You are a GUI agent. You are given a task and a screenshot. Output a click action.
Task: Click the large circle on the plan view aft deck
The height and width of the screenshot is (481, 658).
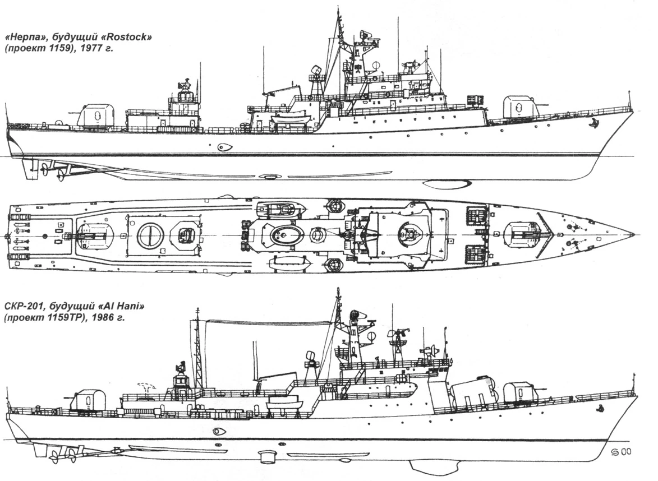click(x=150, y=235)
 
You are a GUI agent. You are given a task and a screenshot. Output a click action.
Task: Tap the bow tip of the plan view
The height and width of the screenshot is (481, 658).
click(x=633, y=233)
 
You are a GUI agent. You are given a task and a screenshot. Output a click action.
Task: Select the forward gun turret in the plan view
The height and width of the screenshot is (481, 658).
click(x=523, y=233)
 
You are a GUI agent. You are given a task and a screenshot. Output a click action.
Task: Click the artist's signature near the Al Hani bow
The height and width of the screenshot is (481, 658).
click(x=621, y=452)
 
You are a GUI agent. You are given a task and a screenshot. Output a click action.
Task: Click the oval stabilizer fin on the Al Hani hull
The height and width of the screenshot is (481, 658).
click(x=219, y=431)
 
